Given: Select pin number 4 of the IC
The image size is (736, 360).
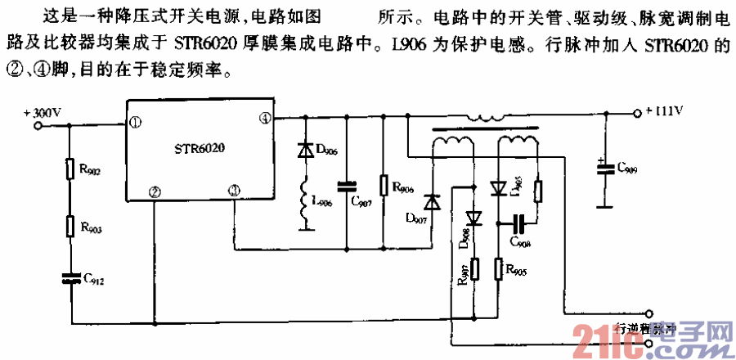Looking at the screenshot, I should click(x=263, y=119).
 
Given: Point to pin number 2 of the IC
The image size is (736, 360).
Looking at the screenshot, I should click(x=154, y=191).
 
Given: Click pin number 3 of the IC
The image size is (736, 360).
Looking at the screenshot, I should click(x=234, y=191).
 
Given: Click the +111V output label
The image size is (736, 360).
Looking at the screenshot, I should click(x=667, y=109).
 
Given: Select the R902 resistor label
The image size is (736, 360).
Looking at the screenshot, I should click(x=90, y=171).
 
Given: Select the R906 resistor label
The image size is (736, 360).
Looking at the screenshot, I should click(x=404, y=189).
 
